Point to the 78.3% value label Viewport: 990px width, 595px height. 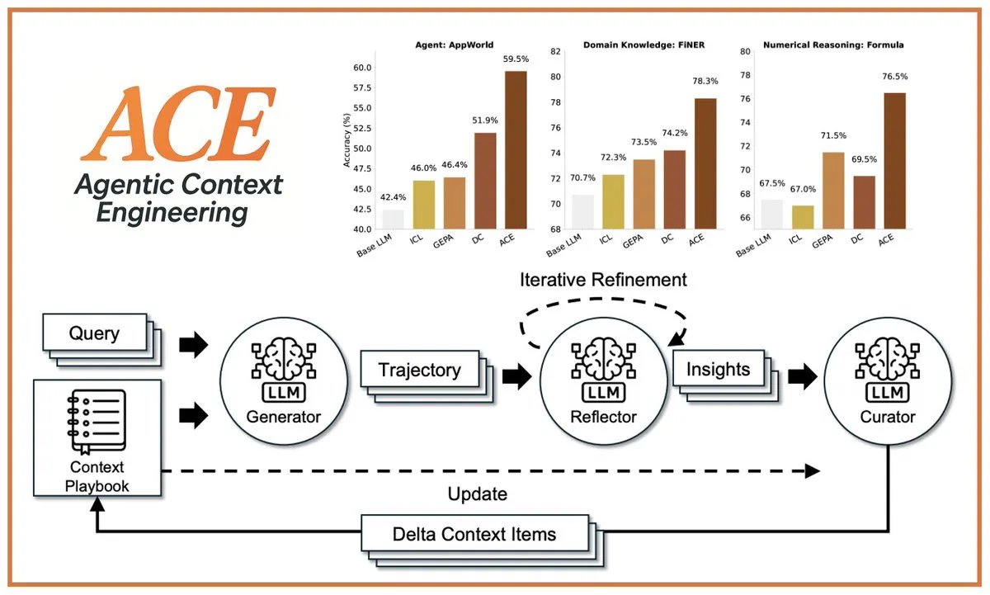point(705,82)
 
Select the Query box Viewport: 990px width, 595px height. point(94,333)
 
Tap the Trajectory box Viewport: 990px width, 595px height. point(419,369)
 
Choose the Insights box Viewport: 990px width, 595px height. point(718,369)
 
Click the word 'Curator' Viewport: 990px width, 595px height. point(888,417)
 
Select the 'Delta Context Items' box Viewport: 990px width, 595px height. point(474,534)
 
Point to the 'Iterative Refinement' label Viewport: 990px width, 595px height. point(603,280)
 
